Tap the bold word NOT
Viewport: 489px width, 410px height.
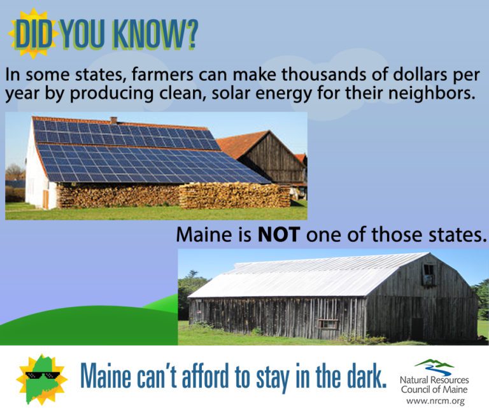[x=279, y=234]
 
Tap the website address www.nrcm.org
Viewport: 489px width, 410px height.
[x=436, y=400]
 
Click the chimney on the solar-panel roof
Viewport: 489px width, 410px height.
[x=113, y=120]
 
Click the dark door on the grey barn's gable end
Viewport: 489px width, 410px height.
[x=417, y=329]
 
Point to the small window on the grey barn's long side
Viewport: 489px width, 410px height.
[x=327, y=324]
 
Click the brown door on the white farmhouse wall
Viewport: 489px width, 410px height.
[x=46, y=199]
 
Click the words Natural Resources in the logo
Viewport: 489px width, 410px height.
[x=434, y=380]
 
